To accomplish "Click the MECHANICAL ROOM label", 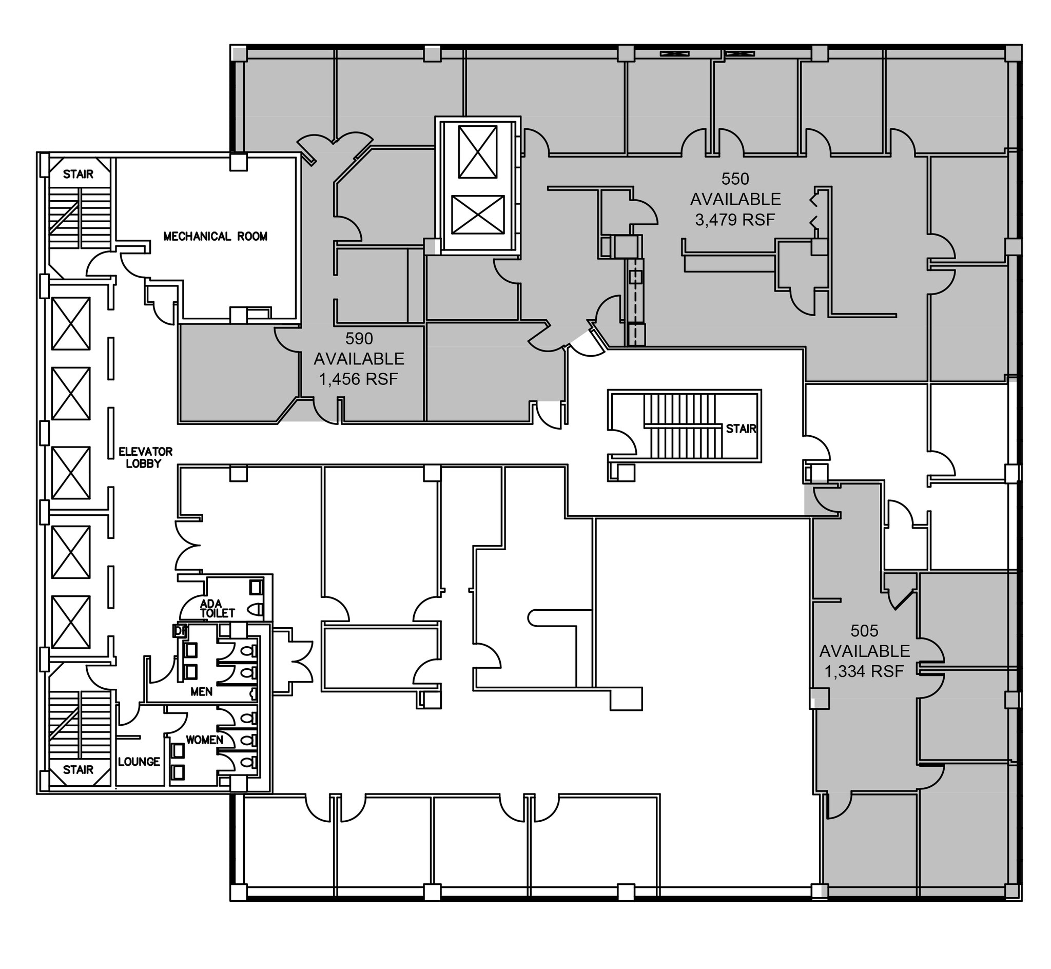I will click(215, 237).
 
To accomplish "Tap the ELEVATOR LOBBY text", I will click(145, 457).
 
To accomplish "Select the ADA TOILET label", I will click(217, 608).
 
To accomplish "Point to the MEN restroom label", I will click(201, 692).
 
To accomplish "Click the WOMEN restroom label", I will click(204, 740).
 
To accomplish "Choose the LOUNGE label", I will click(139, 762).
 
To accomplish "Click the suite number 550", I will click(735, 179).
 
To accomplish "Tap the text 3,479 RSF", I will click(735, 220).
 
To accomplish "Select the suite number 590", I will click(359, 339).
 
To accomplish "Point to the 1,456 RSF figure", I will click(359, 379).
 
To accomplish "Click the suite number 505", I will click(864, 631).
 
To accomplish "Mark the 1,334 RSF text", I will click(864, 671).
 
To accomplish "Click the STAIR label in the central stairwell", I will click(741, 429).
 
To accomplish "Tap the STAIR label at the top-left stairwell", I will click(78, 174).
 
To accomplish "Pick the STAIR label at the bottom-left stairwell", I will click(78, 770).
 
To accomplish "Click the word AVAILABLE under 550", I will click(735, 199).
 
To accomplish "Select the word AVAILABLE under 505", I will click(864, 651).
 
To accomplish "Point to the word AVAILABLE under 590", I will click(359, 359).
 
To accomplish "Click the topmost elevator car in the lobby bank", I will click(71, 323).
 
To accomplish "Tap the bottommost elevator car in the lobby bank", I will click(71, 622).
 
